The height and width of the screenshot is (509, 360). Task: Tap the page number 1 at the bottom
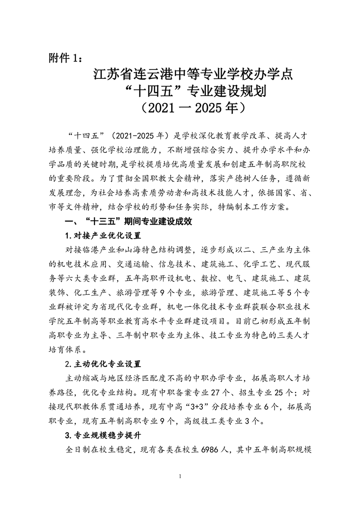[180, 476]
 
